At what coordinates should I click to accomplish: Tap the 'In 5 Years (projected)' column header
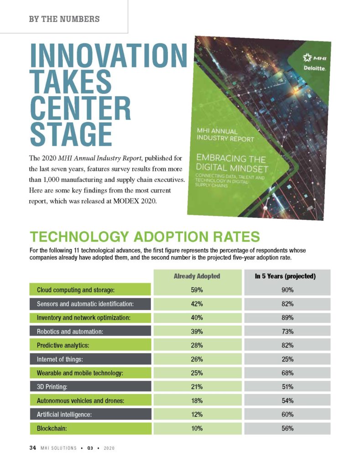pyautogui.click(x=285, y=276)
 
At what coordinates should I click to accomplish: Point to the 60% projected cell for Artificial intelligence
pyautogui.click(x=287, y=415)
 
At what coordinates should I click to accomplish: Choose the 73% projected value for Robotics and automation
pyautogui.click(x=287, y=332)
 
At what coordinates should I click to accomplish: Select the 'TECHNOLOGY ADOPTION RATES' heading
pyautogui.click(x=145, y=237)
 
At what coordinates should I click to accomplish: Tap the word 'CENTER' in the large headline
pyautogui.click(x=81, y=106)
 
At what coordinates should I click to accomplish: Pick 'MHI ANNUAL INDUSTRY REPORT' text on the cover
pyautogui.click(x=225, y=135)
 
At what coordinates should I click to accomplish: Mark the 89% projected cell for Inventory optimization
pyautogui.click(x=287, y=317)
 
